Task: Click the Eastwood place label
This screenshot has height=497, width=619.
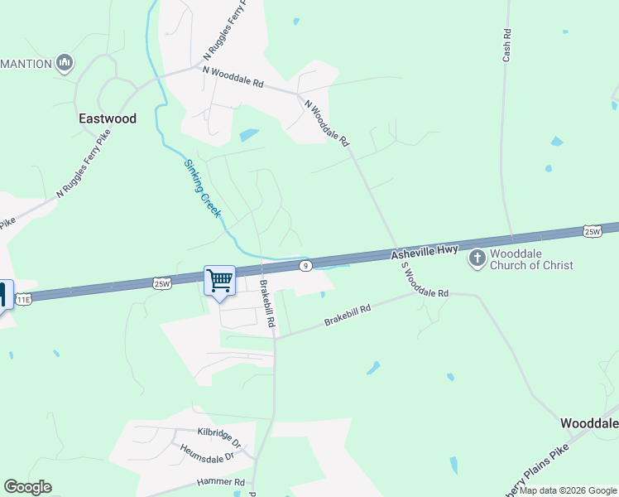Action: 107,118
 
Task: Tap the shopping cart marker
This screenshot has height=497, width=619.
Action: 219,281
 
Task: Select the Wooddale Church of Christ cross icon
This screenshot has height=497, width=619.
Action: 477,259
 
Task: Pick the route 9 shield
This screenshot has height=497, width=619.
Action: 305,265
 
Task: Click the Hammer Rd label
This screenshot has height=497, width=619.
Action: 221,481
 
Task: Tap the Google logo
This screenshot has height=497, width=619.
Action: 27,487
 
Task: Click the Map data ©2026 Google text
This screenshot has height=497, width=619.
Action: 569,490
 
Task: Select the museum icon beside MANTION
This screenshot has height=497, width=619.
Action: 65,62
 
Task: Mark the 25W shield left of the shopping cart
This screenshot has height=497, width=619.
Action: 162,283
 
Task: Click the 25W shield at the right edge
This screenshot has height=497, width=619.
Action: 592,230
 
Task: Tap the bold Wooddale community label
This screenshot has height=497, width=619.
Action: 589,423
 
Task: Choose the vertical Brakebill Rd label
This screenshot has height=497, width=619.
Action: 267,304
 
